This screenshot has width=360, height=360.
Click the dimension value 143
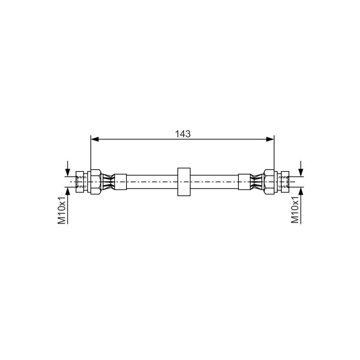[x=183, y=134]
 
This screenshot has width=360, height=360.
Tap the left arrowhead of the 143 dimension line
[x=94, y=139]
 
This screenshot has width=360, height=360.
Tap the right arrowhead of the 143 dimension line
[x=270, y=139]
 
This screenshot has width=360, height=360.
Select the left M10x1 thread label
[x=62, y=210]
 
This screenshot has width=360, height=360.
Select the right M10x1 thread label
[x=295, y=210]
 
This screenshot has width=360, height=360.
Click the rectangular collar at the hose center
[x=184, y=182]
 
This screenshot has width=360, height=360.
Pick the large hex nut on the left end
[x=95, y=182]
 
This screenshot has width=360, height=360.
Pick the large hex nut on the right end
[x=269, y=182]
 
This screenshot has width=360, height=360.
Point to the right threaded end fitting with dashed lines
[x=283, y=182]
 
